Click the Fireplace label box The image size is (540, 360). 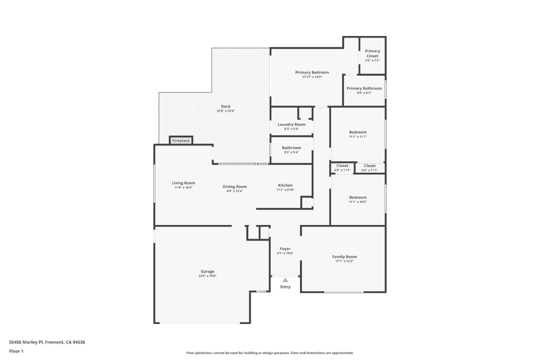181,141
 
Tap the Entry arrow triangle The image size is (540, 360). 285,280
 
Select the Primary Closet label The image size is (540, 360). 372,53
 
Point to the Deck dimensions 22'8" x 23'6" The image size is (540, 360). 226,111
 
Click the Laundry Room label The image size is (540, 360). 291,124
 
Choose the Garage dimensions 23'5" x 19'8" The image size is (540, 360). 207,276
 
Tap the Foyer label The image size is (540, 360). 285,249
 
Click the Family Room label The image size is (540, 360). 344,257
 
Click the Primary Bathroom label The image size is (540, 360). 364,88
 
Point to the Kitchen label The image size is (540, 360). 285,185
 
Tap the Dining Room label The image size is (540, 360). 235,187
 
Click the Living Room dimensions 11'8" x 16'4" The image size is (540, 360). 183,187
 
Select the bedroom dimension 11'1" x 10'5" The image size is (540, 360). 358,202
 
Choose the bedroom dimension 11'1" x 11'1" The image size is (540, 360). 358,136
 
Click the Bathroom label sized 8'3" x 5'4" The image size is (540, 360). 291,148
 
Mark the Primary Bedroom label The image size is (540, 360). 312,72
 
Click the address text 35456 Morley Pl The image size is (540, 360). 26,342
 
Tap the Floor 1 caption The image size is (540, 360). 16,351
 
